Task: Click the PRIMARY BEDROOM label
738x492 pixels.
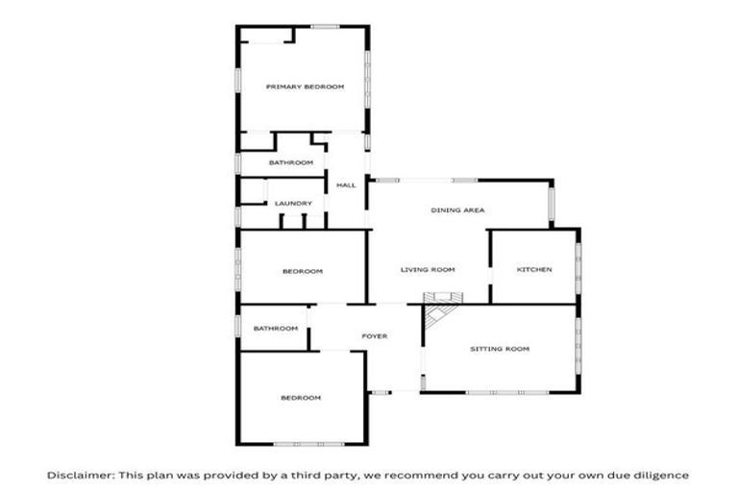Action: (x=305, y=86)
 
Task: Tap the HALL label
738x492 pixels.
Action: (x=346, y=184)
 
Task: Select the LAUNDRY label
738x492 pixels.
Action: (x=293, y=204)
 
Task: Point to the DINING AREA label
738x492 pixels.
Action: (x=456, y=209)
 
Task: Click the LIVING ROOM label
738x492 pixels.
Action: (x=428, y=270)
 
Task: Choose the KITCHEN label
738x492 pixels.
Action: (x=534, y=270)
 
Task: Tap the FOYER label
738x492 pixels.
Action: (x=374, y=336)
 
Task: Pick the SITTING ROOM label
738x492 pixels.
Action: (x=500, y=349)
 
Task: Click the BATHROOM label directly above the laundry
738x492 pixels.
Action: (x=291, y=163)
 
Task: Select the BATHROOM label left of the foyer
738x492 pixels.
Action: (x=276, y=329)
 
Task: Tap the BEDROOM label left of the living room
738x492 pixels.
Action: (x=303, y=271)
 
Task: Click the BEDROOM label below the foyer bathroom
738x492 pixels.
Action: (x=301, y=398)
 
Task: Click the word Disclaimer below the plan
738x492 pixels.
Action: (x=79, y=475)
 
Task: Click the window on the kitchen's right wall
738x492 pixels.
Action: (x=578, y=266)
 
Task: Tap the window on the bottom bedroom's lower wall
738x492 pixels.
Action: (x=301, y=444)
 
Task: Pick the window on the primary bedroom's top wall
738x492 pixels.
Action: (x=325, y=26)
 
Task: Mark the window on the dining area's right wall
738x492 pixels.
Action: (x=552, y=204)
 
